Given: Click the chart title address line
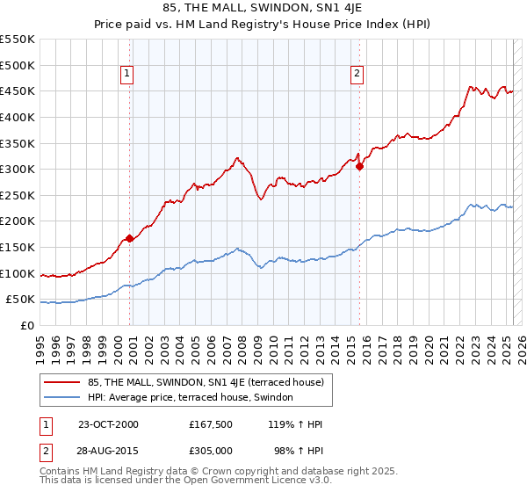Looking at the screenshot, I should click(x=263, y=8).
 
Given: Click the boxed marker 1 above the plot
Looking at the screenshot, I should click(x=128, y=75).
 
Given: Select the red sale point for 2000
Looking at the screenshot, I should click(x=130, y=238).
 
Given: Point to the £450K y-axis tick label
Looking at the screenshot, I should click(x=18, y=90).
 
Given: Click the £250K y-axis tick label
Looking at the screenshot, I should click(x=18, y=195).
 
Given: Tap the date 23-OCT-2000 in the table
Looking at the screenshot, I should click(x=108, y=424).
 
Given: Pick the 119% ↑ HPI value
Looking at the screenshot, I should click(x=294, y=424).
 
